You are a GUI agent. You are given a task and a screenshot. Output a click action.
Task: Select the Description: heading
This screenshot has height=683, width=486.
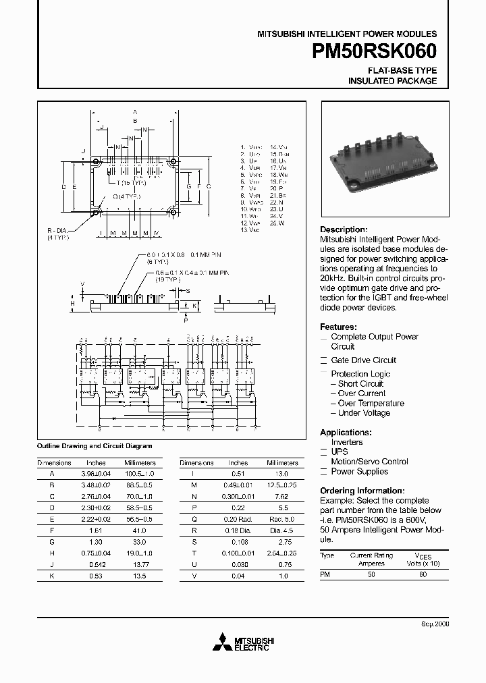[x=344, y=229]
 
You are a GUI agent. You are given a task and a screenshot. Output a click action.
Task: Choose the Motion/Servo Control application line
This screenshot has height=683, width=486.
[x=369, y=462]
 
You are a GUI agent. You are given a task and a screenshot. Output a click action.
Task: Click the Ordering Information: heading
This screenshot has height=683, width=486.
[x=362, y=491]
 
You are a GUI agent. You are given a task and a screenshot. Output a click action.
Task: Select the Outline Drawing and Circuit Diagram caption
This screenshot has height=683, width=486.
[x=94, y=446]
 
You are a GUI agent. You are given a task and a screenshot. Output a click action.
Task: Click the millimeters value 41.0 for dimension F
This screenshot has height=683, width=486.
[x=140, y=532]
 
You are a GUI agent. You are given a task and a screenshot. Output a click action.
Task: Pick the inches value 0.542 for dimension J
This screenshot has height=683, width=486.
[x=96, y=564]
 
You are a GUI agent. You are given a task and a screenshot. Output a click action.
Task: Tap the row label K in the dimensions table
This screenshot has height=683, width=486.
[x=51, y=575]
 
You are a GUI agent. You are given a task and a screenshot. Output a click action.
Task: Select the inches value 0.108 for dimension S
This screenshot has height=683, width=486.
[x=238, y=543]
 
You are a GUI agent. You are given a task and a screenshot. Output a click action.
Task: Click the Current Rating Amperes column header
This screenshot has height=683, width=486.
[x=371, y=558]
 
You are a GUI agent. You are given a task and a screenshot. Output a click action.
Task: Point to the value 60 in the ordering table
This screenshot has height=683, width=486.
[x=423, y=574]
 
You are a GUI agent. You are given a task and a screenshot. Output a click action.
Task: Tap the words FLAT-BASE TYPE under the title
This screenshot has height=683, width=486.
[x=402, y=71]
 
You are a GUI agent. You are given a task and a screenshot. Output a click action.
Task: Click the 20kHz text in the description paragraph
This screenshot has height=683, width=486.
[x=333, y=278]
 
